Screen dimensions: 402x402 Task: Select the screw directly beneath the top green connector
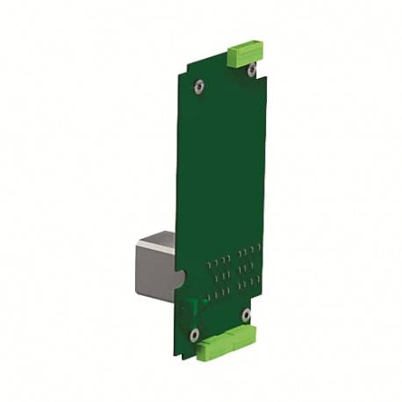pyautogui.click(x=251, y=70)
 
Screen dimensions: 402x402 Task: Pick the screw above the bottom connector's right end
pyautogui.click(x=246, y=313)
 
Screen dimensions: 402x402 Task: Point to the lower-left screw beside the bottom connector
pyautogui.click(x=195, y=333)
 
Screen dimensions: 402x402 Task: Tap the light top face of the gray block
pyautogui.click(x=158, y=239)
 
